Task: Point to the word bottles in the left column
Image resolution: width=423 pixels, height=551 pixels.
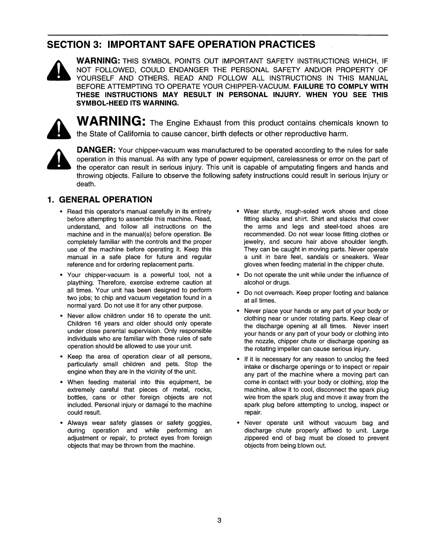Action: coord(77,397)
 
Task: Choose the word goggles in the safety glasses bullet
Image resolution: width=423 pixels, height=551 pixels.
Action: coord(200,423)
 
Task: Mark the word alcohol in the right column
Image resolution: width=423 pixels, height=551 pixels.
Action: coord(253,282)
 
